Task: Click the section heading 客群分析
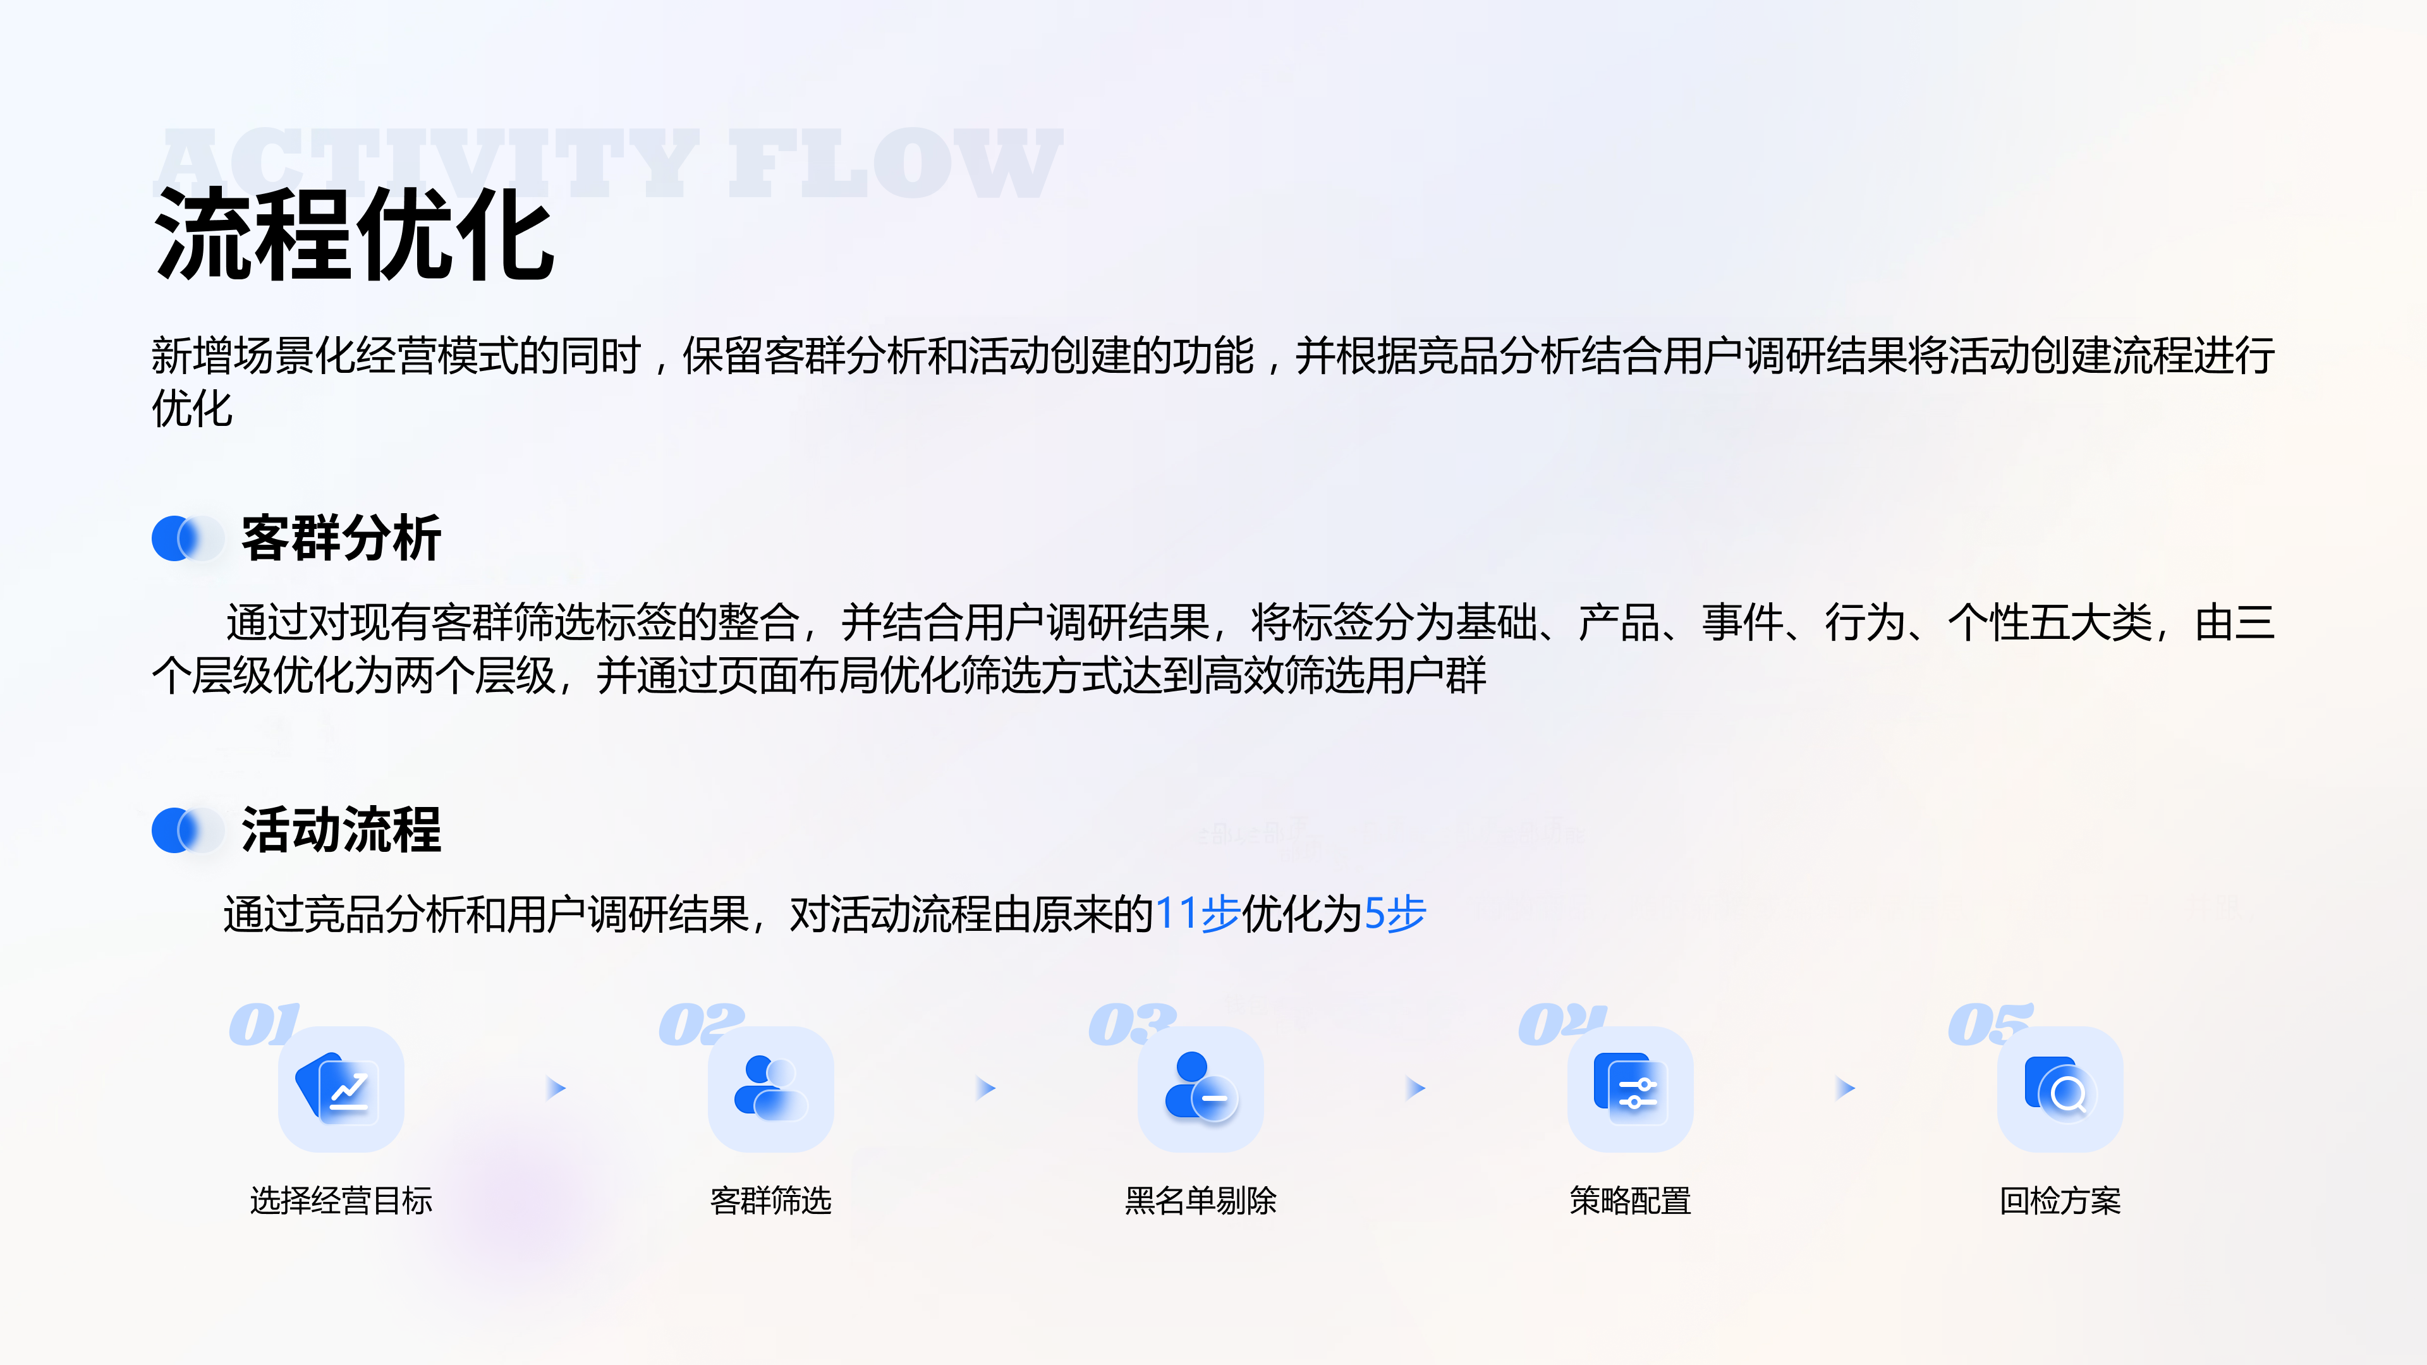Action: click(341, 539)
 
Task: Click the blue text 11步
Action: click(1198, 914)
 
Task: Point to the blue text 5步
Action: click(1396, 914)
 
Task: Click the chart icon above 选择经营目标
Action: click(341, 1089)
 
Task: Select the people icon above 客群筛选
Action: click(770, 1089)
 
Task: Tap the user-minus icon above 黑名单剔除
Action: click(1200, 1089)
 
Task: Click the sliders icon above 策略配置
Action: click(1630, 1089)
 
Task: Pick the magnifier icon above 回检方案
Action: click(2060, 1089)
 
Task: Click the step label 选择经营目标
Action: click(341, 1201)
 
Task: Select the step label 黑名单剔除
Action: click(1200, 1201)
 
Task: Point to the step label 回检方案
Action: click(2060, 1201)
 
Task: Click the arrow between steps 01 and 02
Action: click(556, 1089)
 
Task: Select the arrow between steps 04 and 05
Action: click(1845, 1089)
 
